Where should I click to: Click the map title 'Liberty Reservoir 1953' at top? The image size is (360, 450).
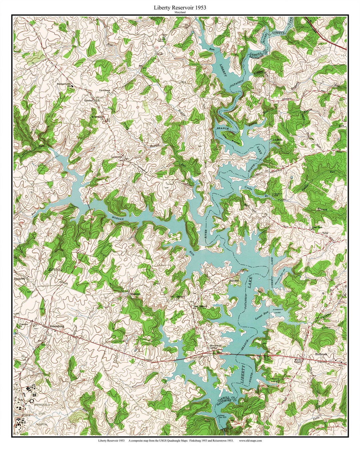coord(180,7)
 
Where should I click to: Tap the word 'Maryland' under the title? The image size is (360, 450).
coord(180,12)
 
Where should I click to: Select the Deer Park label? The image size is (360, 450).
coord(317,228)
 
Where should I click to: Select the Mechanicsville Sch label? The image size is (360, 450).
coord(64,84)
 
